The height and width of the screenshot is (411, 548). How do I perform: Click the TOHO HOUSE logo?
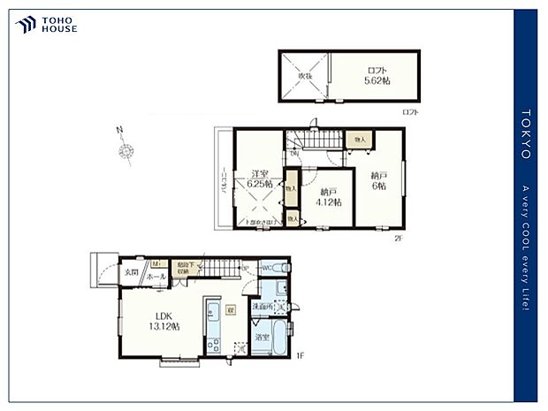coord(46,25)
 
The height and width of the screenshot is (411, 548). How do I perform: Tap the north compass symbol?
coord(125,152)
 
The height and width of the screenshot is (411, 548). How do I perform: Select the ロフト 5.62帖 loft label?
coord(377,76)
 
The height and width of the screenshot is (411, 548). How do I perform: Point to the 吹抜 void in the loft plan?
coord(304,76)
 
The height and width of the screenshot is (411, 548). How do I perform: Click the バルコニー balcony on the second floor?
coord(223,180)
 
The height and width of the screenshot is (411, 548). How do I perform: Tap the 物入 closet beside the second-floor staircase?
coord(361,140)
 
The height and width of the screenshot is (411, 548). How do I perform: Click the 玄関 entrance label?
coord(131,271)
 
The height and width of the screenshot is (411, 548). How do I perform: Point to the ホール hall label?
coord(156,277)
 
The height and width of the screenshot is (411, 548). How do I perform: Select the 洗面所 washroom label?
coord(262,307)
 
